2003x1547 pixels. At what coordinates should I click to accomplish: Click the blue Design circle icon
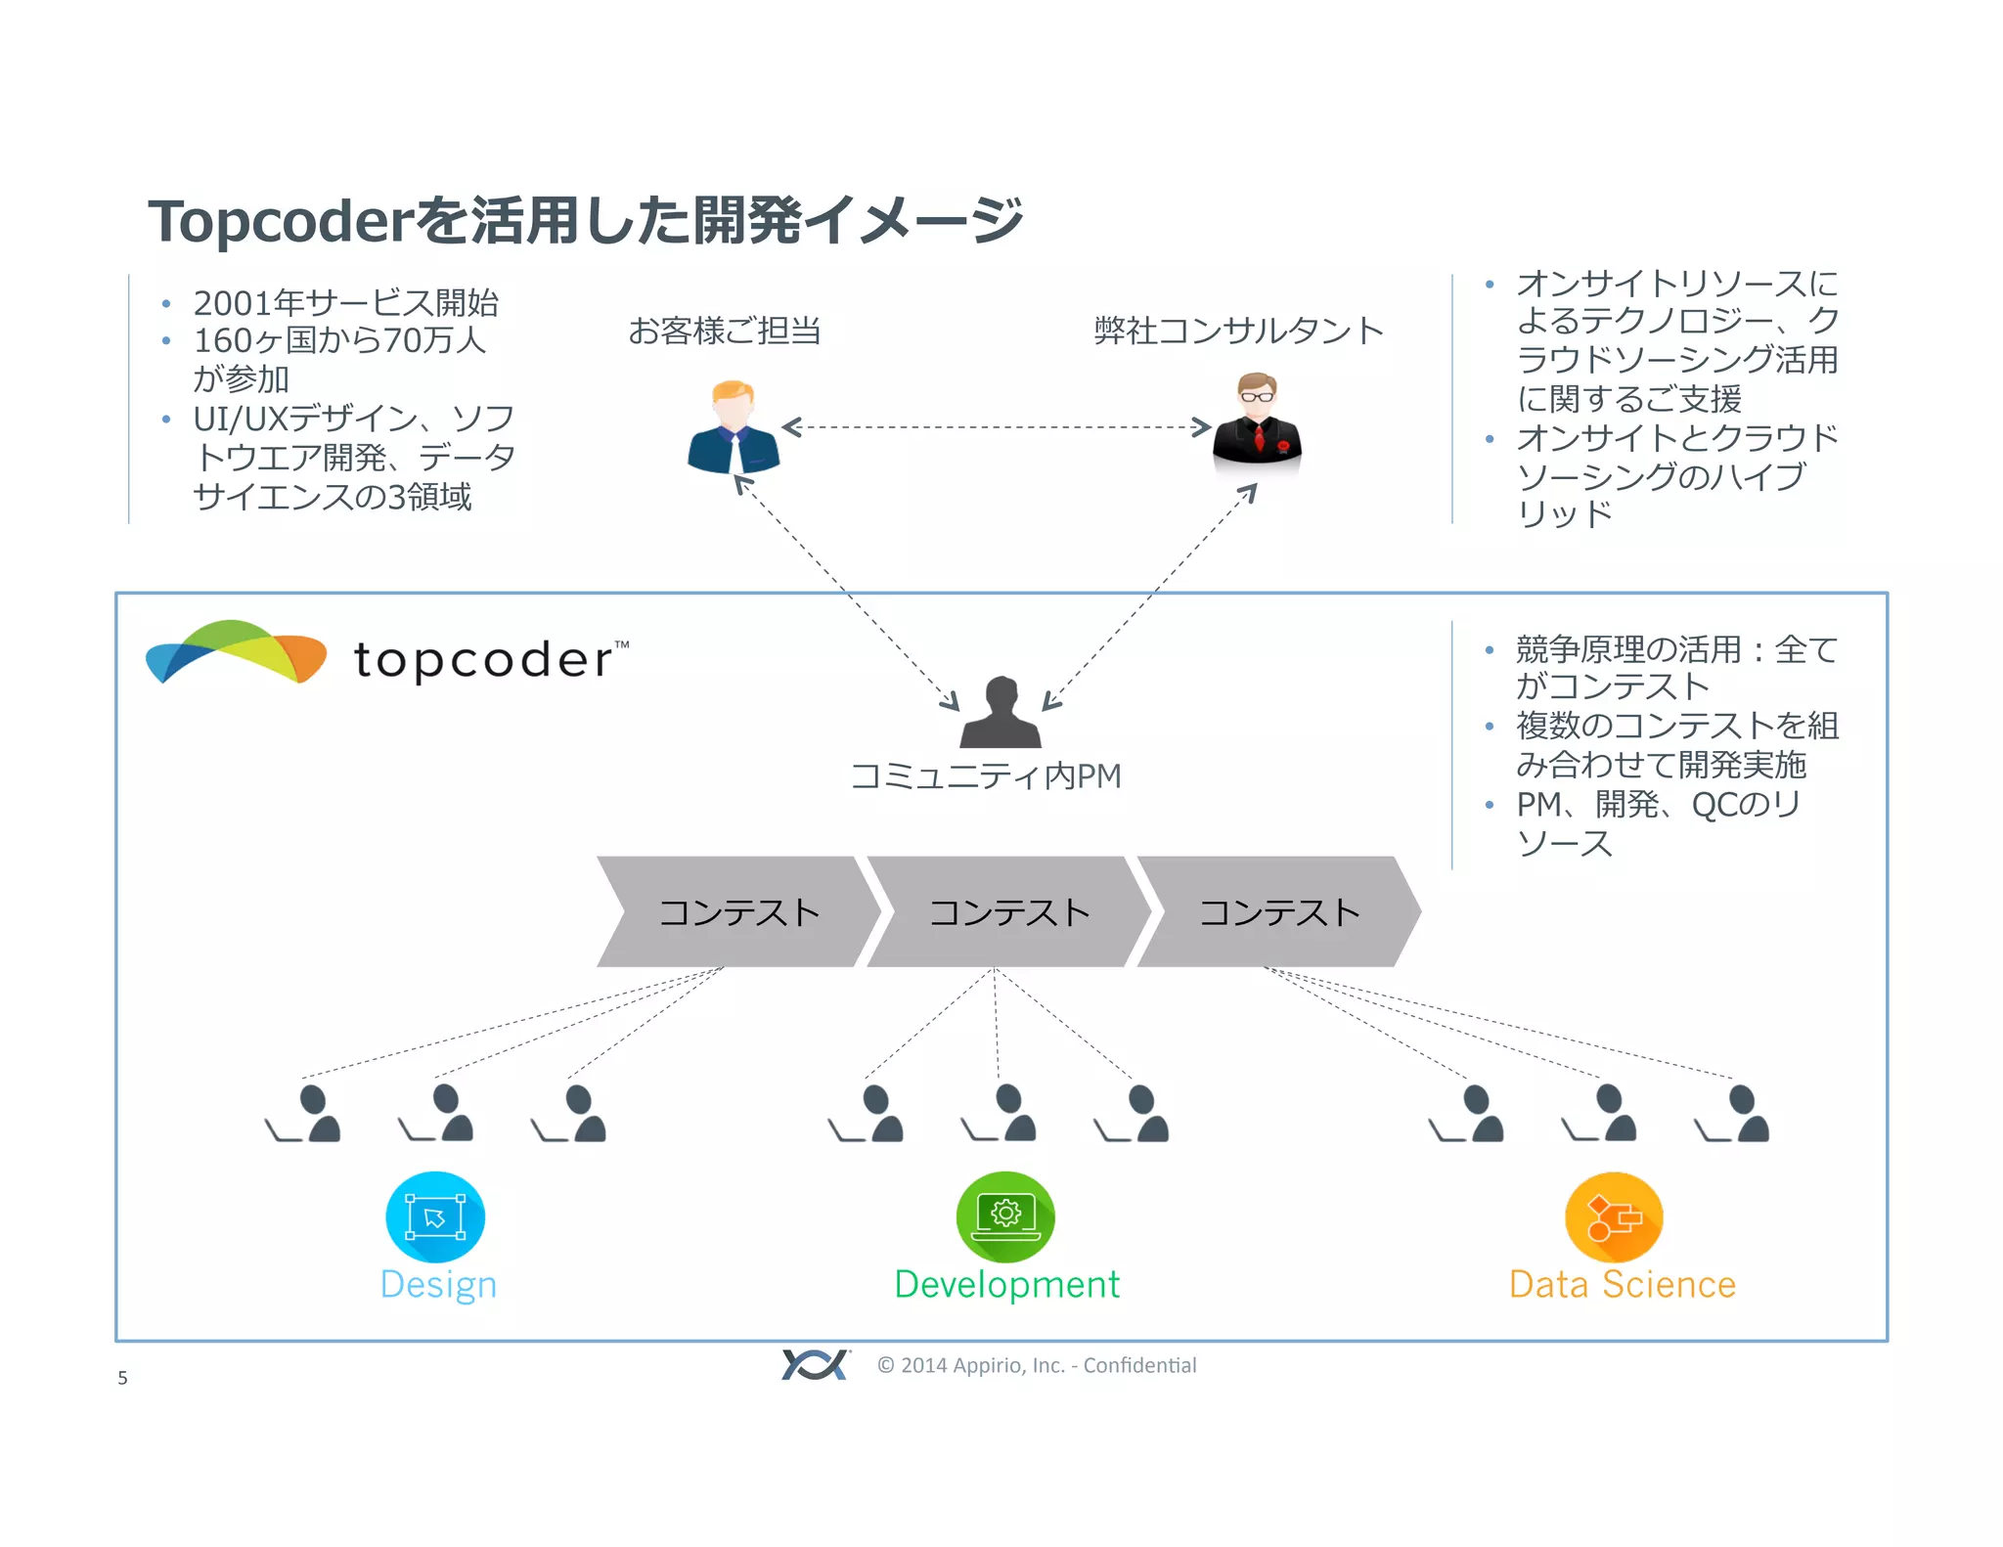coord(435,1217)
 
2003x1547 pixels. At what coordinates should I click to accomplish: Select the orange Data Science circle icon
coord(1614,1218)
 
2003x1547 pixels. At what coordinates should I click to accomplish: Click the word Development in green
coord(1006,1285)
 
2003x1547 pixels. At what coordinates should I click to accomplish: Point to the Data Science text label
coord(1622,1285)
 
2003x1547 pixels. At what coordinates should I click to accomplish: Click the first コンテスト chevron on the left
coord(738,912)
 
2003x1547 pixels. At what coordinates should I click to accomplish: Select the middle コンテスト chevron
coord(1008,912)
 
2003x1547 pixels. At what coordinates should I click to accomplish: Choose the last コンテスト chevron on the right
coord(1278,912)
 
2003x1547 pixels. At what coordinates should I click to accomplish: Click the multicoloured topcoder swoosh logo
coord(236,652)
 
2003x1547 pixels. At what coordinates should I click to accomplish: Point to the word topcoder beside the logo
coord(484,660)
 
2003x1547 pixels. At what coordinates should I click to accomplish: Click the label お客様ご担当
coord(724,331)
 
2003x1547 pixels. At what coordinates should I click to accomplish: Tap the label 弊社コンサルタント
coord(1238,331)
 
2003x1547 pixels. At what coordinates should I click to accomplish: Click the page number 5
coord(122,1378)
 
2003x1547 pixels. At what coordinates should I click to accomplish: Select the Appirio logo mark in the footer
coord(815,1364)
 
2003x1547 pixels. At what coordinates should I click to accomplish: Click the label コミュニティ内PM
coord(986,776)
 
